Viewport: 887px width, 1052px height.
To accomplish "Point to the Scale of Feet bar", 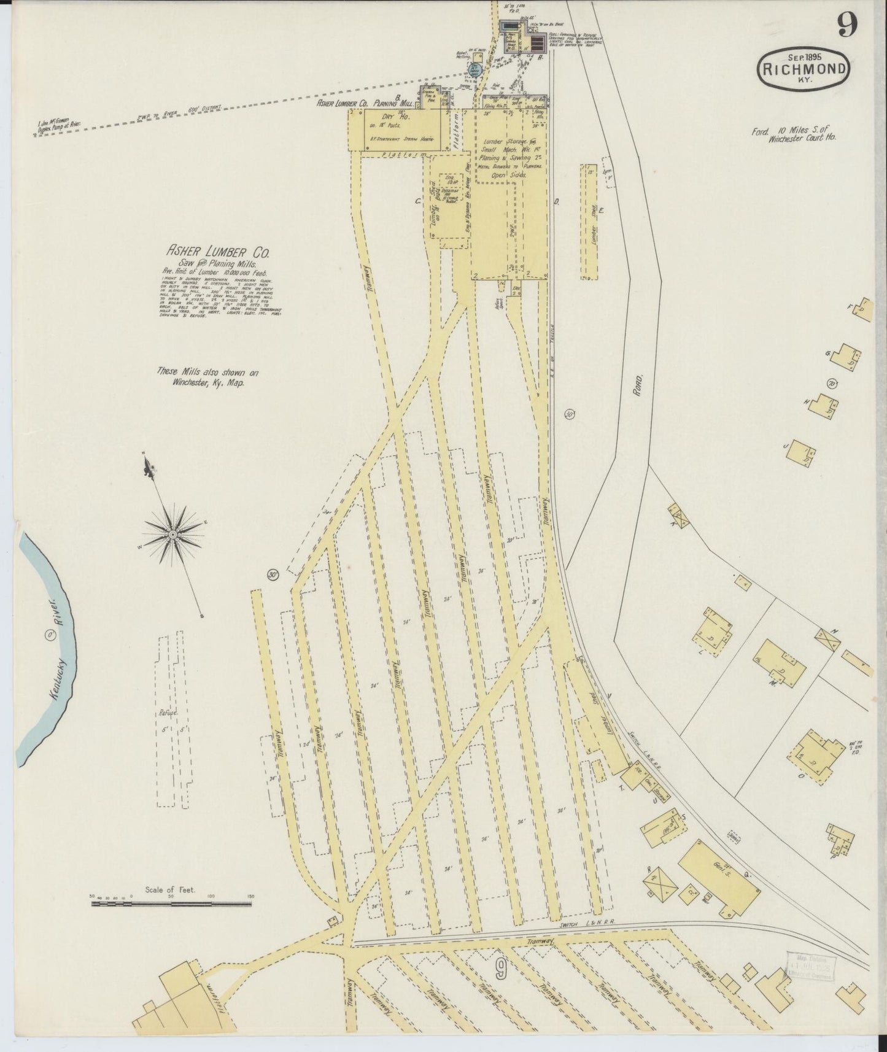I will (x=171, y=903).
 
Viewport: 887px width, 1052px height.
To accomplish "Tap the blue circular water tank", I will (x=474, y=69).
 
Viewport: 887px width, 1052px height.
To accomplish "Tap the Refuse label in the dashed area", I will (x=167, y=713).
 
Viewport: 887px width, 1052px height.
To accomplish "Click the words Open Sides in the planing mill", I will (x=505, y=174).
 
